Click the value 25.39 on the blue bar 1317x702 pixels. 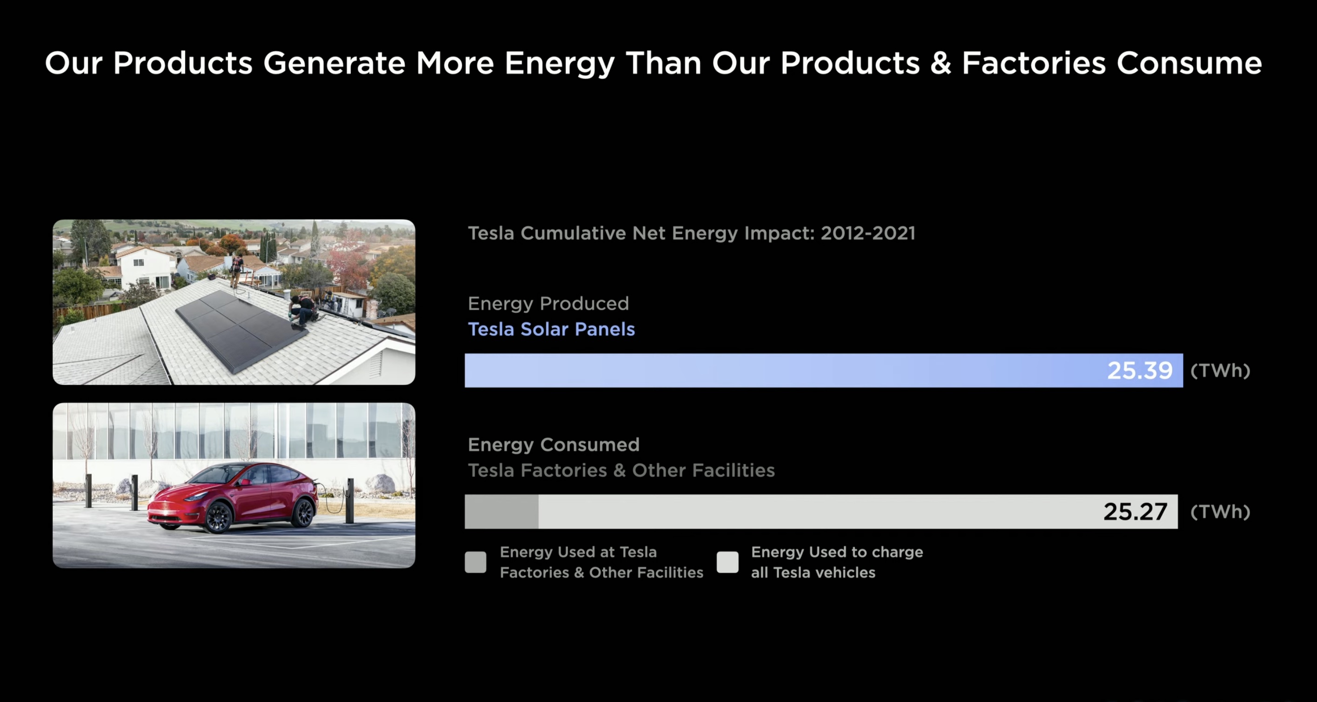[x=1140, y=371]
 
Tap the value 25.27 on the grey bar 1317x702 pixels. [x=1135, y=511]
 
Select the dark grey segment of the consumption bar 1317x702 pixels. [x=501, y=511]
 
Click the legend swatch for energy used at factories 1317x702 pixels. [x=476, y=562]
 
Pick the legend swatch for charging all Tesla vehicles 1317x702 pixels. [x=727, y=562]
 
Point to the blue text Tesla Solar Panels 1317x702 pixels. [x=551, y=329]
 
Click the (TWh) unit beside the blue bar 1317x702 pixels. [x=1220, y=371]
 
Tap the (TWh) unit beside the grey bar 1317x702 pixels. [x=1220, y=511]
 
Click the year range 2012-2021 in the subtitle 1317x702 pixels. [x=867, y=233]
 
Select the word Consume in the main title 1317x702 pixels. [x=1189, y=63]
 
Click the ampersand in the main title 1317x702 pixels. [x=941, y=63]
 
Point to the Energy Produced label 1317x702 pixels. [x=548, y=304]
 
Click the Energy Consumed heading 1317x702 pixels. [x=554, y=444]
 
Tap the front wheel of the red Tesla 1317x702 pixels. [x=219, y=517]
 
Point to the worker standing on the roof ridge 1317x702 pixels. [x=236, y=271]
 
